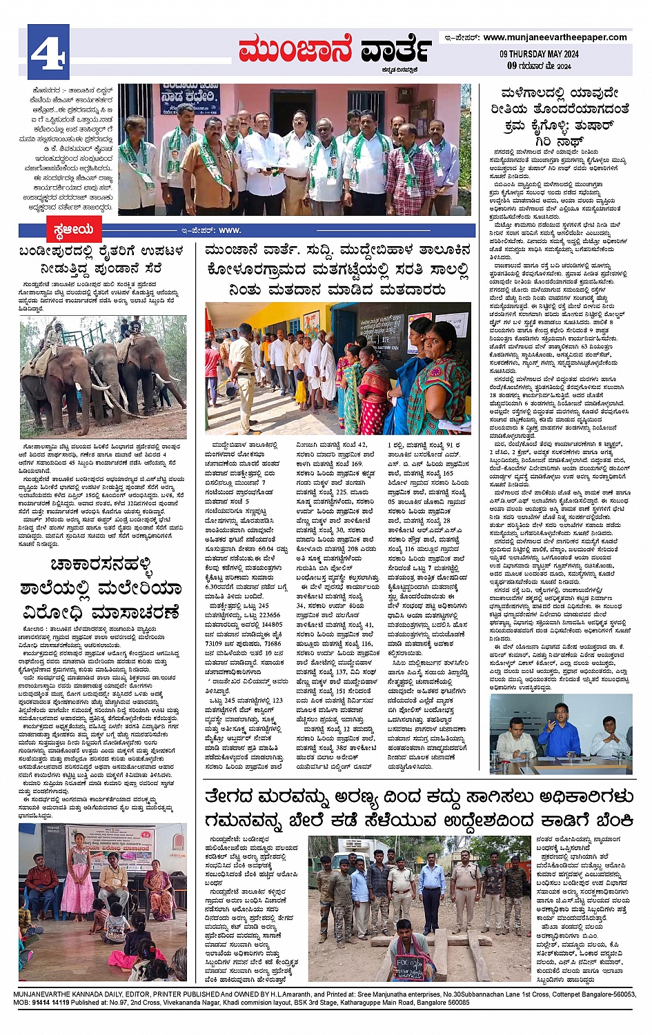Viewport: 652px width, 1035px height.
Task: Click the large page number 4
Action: coord(48,52)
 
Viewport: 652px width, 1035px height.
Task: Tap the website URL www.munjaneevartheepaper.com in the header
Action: coord(555,37)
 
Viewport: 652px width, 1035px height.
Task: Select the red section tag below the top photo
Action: coord(72,230)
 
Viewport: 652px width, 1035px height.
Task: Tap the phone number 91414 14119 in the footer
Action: coord(51,1002)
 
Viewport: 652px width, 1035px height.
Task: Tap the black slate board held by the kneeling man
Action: coord(409,965)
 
